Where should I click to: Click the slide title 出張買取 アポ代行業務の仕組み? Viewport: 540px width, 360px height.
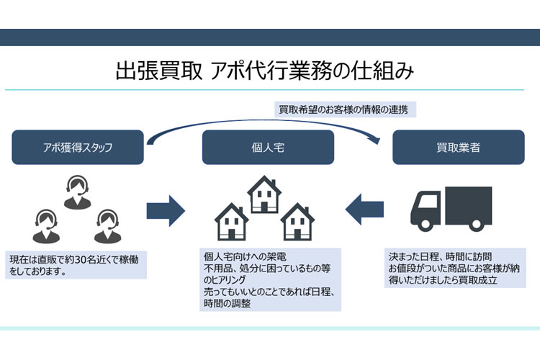264,72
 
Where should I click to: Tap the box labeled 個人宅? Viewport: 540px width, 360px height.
268,148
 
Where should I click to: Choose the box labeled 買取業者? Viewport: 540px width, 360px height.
458,148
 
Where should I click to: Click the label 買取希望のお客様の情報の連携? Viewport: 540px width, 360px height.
347,110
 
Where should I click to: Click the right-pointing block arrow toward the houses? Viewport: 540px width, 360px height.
166,210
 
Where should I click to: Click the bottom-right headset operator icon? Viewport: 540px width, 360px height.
107,225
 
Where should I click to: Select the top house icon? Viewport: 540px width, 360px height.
264,193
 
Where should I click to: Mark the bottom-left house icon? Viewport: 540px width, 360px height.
232,222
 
